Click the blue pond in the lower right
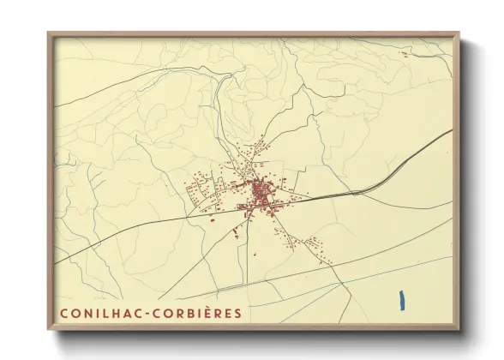[401, 301]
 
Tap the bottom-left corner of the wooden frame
[50, 328]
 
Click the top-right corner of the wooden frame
[458, 35]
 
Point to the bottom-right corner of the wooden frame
[458, 328]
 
